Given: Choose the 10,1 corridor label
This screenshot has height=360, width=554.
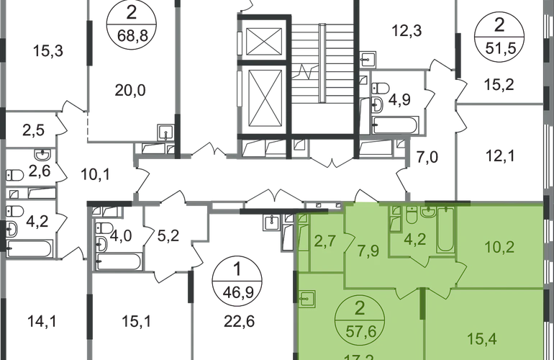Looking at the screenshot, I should click(94, 173).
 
